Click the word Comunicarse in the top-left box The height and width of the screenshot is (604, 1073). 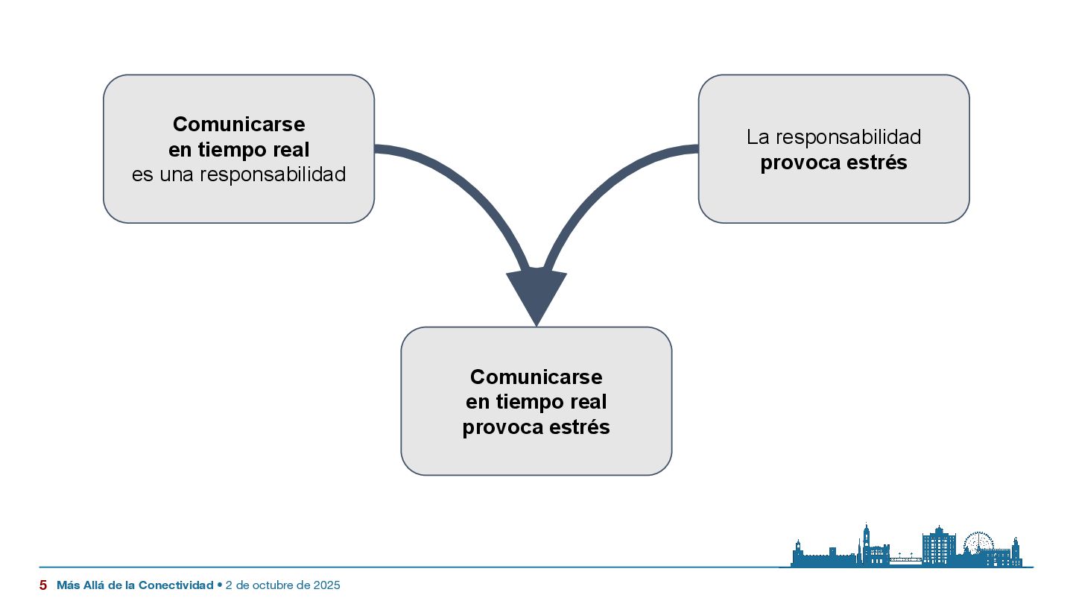238,124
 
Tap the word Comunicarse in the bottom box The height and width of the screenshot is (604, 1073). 536,376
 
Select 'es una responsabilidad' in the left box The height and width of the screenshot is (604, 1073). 238,175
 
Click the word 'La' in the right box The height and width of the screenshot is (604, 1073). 758,137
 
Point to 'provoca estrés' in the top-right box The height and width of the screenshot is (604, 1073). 833,163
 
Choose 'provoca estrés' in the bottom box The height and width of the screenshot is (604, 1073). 536,428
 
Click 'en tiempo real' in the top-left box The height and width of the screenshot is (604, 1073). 238,150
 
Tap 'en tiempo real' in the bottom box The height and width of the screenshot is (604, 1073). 536,402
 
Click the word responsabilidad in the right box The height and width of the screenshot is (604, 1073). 848,137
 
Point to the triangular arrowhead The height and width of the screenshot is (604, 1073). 536,295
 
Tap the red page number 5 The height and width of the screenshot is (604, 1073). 43,585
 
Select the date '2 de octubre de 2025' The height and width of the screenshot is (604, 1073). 282,585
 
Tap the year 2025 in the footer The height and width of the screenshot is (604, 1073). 328,585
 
